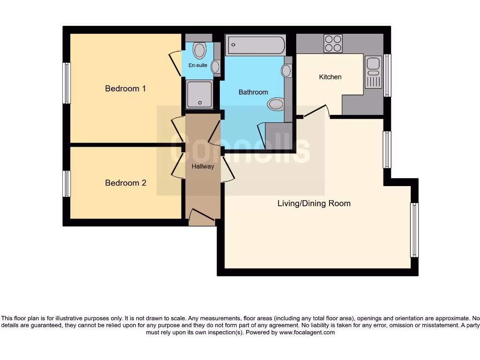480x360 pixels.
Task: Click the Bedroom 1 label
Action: [x=125, y=89]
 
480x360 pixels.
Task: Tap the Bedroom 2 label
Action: [x=125, y=183]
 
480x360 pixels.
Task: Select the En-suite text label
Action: [x=198, y=65]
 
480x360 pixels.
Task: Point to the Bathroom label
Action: [x=253, y=92]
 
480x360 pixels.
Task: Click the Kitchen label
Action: [x=330, y=77]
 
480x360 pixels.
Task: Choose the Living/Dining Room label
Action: [x=314, y=203]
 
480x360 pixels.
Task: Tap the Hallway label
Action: [x=202, y=166]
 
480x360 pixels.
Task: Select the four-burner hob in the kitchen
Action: [x=333, y=44]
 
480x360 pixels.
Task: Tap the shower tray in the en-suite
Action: [x=200, y=94]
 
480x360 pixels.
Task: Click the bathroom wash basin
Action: [x=286, y=71]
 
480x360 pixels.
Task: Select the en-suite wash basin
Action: [x=215, y=67]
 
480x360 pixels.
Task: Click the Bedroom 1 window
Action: [x=67, y=83]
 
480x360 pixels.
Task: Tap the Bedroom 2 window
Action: [x=67, y=184]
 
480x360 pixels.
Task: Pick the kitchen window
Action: [x=387, y=75]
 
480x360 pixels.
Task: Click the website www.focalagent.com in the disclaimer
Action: [x=307, y=332]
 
